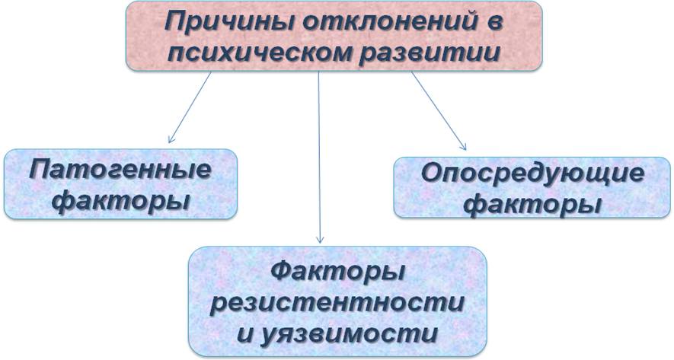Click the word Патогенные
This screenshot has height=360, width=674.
[x=121, y=170]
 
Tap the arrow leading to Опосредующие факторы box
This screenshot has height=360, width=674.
[x=439, y=111]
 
